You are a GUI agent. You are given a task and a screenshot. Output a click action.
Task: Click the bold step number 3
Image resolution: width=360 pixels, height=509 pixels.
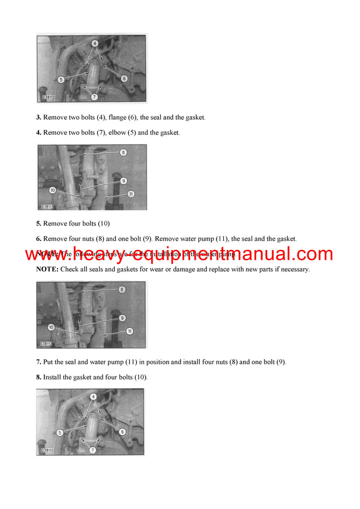point(38,118)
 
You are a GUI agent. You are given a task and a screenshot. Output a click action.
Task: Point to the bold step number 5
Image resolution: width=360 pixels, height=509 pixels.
point(38,224)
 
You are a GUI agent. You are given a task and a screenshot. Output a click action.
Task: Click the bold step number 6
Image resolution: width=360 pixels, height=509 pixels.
point(38,239)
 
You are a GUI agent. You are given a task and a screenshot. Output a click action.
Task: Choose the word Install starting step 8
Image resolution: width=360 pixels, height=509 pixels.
point(53,377)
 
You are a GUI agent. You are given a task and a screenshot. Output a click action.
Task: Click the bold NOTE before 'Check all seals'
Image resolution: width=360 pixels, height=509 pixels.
point(47,270)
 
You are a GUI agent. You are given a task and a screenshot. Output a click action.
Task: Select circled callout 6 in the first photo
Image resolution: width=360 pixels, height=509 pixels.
point(124,79)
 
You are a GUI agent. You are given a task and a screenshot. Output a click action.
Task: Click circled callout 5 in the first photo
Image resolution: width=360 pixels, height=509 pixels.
point(61,79)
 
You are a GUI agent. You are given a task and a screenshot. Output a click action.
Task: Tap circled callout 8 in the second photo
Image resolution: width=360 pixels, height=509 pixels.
point(122,153)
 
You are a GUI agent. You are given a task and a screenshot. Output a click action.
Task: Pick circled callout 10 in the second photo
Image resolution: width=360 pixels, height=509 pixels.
point(53,190)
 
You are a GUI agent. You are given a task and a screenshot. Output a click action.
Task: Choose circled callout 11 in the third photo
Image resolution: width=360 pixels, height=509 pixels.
point(129,331)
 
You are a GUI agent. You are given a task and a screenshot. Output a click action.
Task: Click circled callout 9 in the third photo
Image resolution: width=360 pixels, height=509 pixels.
point(122,317)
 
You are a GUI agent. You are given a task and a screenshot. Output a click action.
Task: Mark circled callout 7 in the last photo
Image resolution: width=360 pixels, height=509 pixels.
point(93,450)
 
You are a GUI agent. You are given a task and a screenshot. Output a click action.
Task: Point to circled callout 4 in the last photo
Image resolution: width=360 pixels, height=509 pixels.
point(93,397)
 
